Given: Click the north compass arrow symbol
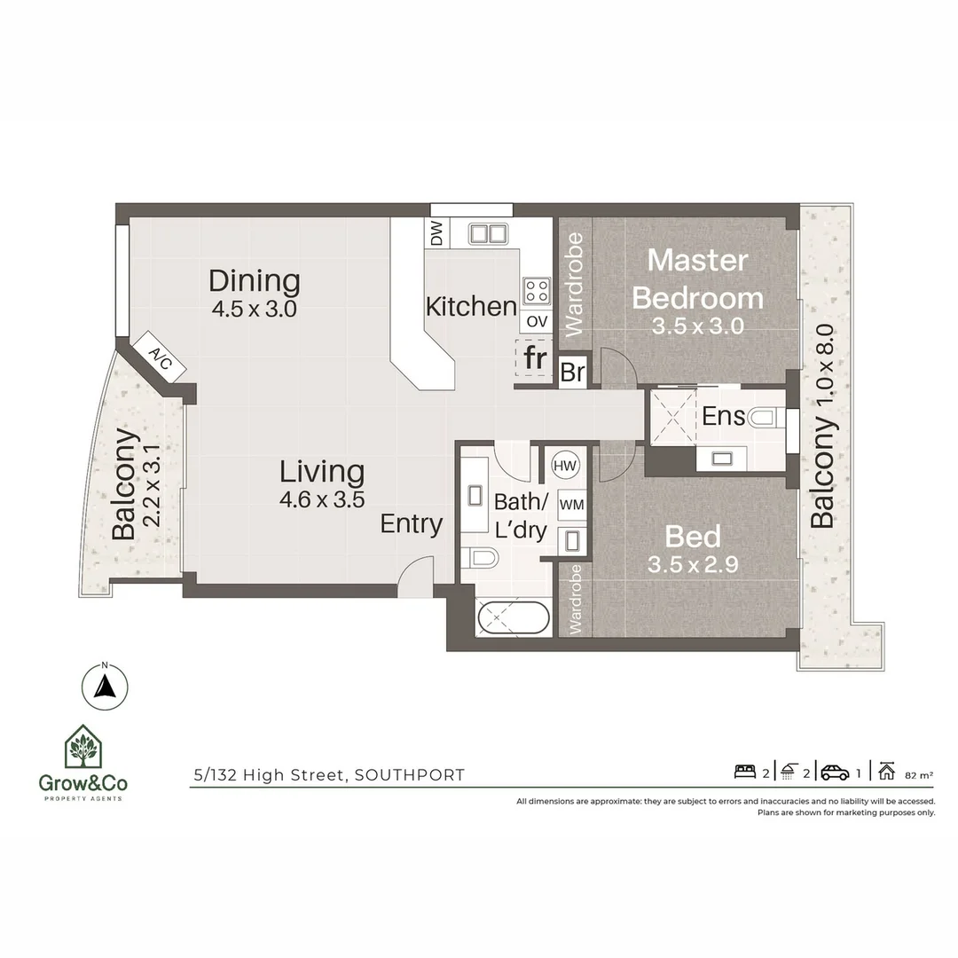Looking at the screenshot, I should click(x=105, y=686).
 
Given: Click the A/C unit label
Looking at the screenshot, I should click(x=161, y=357).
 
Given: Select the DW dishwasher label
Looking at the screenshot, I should click(x=436, y=234).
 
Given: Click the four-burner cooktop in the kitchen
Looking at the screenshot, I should click(x=536, y=290).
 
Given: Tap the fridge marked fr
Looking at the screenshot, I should click(x=534, y=358).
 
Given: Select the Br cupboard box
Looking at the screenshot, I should click(x=572, y=372).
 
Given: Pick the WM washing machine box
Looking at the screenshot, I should click(x=570, y=504).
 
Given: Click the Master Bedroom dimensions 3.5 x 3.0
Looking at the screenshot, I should click(x=697, y=326).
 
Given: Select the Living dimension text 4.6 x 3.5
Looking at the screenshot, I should click(x=322, y=499).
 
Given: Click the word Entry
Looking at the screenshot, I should click(x=411, y=524).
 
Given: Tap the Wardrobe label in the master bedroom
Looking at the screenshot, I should click(x=574, y=285).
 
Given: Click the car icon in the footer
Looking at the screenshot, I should click(x=835, y=772).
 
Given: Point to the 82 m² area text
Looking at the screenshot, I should click(x=918, y=774).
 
